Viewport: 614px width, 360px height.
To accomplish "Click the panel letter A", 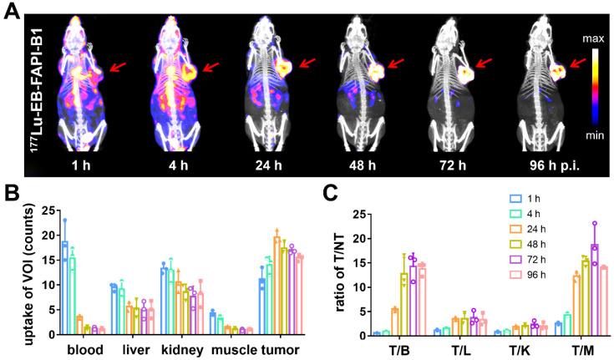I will (x=11, y=13).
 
